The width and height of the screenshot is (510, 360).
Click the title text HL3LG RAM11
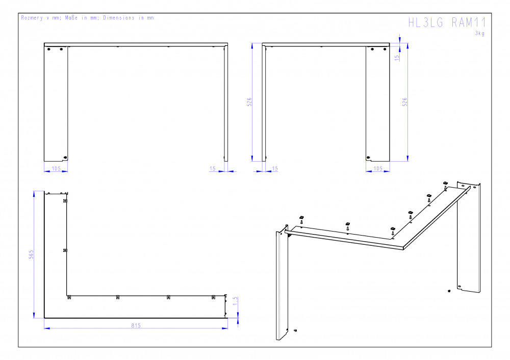click(x=447, y=23)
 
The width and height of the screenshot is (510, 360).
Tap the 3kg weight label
click(x=480, y=33)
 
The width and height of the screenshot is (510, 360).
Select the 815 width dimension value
click(x=136, y=325)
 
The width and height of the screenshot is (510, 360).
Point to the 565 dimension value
click(x=31, y=254)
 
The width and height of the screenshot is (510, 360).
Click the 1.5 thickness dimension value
click(x=236, y=301)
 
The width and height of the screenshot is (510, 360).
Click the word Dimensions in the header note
click(x=119, y=17)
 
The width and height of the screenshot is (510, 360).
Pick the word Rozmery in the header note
click(x=32, y=17)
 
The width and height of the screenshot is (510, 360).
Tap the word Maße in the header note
click(x=71, y=17)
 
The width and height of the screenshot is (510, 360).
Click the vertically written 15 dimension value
click(x=396, y=58)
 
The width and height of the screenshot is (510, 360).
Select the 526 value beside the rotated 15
click(x=404, y=102)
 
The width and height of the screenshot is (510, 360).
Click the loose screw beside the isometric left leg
click(x=295, y=330)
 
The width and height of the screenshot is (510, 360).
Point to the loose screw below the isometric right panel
click(x=449, y=291)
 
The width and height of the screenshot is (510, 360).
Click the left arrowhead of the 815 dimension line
click(x=47, y=328)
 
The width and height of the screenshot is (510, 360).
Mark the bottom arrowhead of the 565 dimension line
click(x=34, y=315)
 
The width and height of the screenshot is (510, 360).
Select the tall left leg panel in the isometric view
click(x=282, y=283)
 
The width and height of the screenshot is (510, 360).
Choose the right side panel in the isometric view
click(x=469, y=238)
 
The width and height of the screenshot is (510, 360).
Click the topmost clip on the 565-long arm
click(x=65, y=201)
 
